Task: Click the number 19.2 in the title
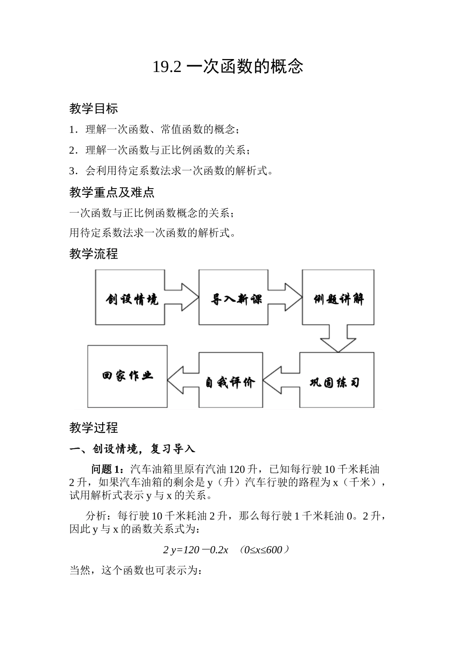coord(167,67)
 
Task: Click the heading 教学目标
coord(94,109)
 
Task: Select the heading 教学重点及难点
coord(112,192)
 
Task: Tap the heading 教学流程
coord(94,254)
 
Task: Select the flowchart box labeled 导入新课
coord(233,298)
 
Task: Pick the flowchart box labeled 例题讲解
coord(338,298)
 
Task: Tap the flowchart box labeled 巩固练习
coord(336,381)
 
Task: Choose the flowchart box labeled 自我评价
coord(231,381)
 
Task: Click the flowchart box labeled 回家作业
coord(127,376)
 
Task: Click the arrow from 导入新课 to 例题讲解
coord(285,298)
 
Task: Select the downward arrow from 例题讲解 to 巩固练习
coord(338,338)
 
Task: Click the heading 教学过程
coord(94,428)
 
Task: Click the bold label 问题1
coord(108,469)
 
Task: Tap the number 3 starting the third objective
coord(72,171)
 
